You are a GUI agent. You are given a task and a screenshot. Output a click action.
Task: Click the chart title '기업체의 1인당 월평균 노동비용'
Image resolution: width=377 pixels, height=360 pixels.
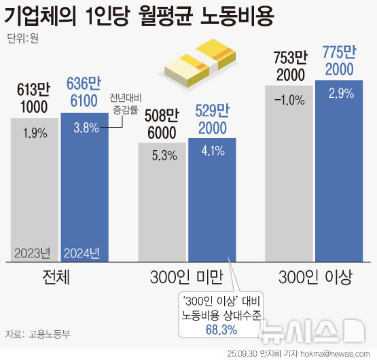coord(139,16)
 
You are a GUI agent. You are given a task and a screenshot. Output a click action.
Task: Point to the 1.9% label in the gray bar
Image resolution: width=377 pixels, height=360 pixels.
coord(35,134)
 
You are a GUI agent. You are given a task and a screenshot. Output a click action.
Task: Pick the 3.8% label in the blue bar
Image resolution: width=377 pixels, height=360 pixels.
coord(85,126)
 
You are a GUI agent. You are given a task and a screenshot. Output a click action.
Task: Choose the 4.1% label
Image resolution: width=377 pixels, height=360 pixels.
coord(211,153)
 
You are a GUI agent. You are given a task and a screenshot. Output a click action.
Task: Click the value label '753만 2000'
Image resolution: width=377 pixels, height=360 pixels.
coord(290,65)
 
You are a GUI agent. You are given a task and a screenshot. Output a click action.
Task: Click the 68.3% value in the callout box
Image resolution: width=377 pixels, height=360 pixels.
coord(221,329)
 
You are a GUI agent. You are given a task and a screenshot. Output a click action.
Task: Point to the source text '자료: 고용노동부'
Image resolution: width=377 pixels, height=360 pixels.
coord(39,334)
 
